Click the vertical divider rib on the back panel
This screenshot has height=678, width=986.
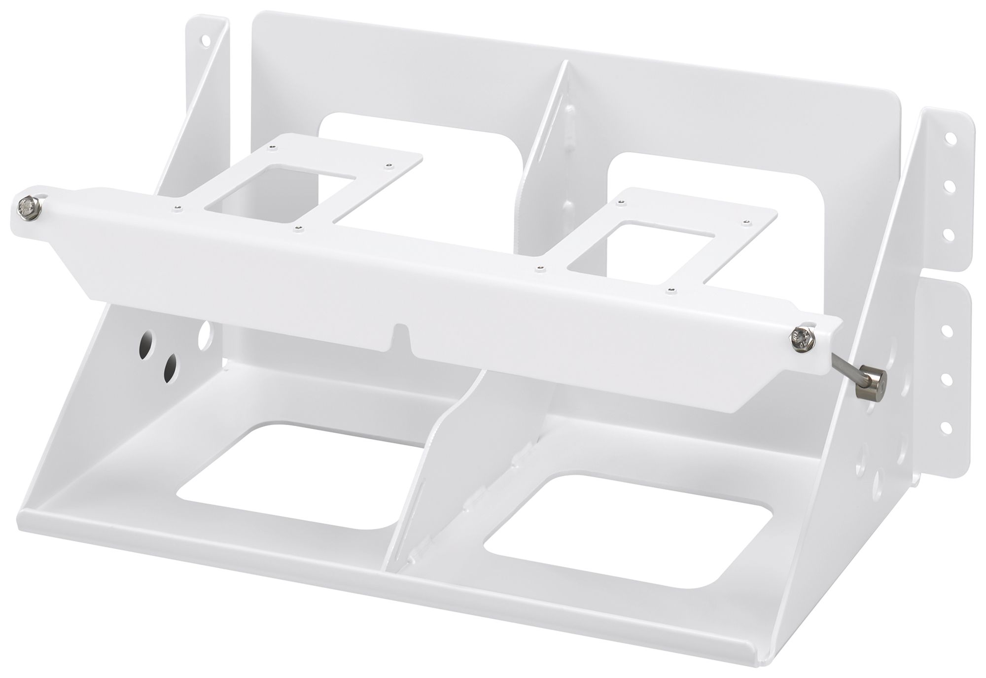click(552, 148)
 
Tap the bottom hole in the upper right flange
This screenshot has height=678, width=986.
click(942, 232)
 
